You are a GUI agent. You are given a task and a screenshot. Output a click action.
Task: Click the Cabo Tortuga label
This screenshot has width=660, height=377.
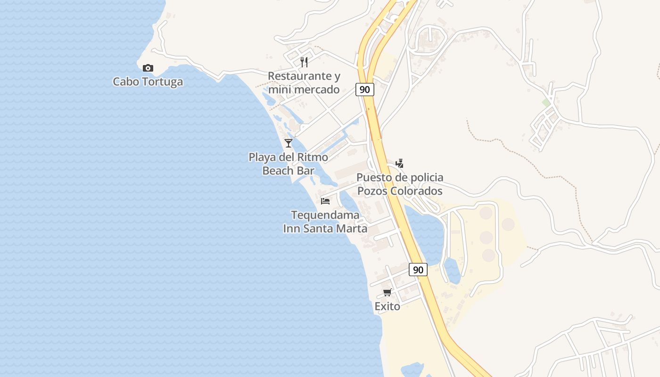pos(148,82)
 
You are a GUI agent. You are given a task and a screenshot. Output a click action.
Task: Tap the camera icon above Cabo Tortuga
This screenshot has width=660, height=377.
pos(148,68)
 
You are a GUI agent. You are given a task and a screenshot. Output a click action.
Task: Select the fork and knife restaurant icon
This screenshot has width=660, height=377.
pos(304,62)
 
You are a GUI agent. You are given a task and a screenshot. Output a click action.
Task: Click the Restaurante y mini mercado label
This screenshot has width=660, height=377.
pos(304,82)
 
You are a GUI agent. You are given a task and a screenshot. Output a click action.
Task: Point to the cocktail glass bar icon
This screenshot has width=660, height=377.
pos(289,143)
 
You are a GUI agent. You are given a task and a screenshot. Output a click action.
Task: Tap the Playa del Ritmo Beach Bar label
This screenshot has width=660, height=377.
pos(289,164)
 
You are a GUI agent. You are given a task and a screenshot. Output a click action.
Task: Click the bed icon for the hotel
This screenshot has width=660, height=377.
pos(325,201)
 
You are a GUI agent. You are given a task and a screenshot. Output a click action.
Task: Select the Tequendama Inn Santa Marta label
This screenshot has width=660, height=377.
pos(325,222)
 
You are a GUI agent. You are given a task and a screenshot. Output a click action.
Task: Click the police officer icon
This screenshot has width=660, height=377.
pos(400,164)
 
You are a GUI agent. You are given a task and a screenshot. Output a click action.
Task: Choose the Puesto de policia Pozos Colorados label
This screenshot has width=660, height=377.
pos(400,184)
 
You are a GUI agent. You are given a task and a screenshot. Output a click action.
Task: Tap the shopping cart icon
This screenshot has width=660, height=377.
pos(388,293)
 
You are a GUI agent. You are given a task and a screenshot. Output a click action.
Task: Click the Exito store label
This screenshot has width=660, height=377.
pos(388,307)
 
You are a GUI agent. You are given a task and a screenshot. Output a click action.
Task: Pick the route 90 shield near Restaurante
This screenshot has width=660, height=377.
pos(365,90)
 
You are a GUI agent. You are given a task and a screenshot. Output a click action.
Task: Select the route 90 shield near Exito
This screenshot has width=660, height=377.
pos(418,270)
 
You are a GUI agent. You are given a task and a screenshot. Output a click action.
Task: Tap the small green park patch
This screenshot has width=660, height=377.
pos(546,102)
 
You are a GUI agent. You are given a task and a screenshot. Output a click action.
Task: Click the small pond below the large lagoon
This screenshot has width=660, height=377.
pos(452,271)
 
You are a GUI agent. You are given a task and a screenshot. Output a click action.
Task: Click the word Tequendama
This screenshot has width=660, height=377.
pos(325,215)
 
